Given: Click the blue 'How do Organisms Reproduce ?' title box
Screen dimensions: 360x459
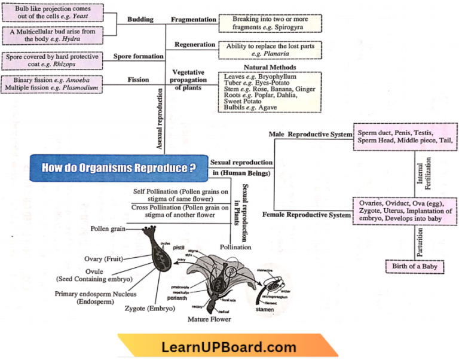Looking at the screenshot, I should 118,168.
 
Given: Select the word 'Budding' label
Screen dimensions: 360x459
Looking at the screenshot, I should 140,20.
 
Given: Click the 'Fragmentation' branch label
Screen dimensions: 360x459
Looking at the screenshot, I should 194,20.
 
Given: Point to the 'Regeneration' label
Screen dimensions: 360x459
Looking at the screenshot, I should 195,45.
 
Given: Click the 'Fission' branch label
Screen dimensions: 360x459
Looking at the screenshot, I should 138,79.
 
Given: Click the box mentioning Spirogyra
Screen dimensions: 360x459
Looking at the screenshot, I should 270,23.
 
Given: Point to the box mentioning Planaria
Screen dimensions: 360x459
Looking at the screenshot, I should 270,50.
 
